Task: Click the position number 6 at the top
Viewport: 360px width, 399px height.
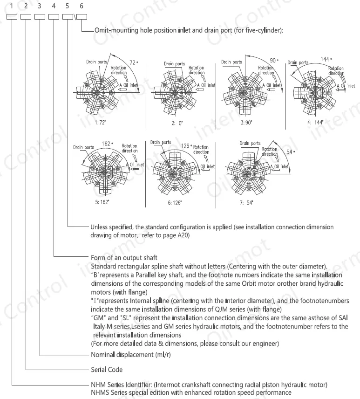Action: click(82, 6)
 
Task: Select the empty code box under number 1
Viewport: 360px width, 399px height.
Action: click(12, 17)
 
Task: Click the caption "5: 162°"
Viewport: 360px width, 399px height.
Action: click(102, 203)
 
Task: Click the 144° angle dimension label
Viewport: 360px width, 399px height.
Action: click(326, 59)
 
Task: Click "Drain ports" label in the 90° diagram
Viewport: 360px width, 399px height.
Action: click(231, 62)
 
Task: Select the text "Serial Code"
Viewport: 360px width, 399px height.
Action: click(107, 370)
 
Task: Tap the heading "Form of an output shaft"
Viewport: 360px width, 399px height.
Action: click(124, 257)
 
